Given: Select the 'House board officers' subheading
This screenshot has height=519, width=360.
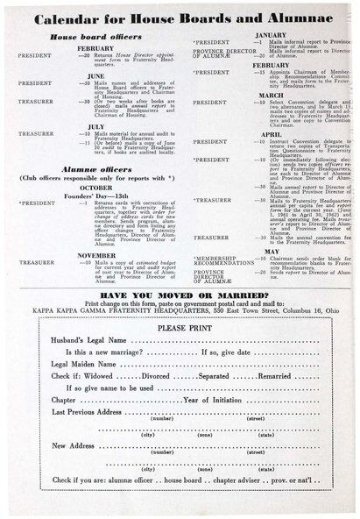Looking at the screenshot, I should click(96, 37).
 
